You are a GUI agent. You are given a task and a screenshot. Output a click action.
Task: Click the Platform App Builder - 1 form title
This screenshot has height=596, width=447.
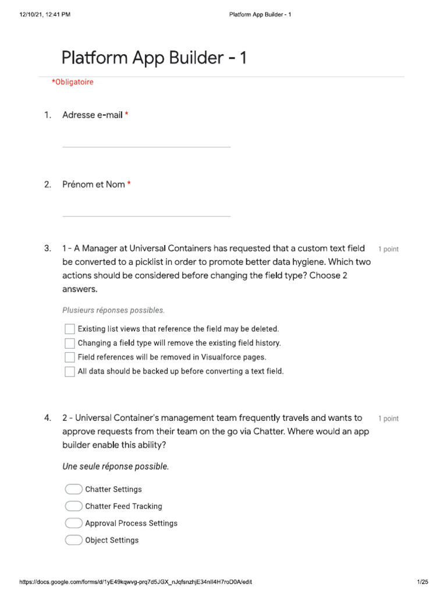coord(154,58)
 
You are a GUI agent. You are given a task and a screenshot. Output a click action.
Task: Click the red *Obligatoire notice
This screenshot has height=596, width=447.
coord(72,82)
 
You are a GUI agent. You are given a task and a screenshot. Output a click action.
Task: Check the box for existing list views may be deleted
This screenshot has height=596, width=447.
coord(70,329)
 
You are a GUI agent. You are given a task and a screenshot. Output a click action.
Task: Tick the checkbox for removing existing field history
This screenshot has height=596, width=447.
coord(70,343)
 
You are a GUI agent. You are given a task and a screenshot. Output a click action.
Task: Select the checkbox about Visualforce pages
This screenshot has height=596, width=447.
coord(70,357)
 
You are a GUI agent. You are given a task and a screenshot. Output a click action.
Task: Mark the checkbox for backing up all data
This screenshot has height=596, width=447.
coord(70,371)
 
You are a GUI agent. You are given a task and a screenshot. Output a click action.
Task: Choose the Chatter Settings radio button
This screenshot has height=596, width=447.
coord(74,489)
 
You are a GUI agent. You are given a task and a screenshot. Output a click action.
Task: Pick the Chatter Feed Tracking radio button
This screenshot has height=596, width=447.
coord(74,506)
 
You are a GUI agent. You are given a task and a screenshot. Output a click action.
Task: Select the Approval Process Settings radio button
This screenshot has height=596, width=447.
coord(74,523)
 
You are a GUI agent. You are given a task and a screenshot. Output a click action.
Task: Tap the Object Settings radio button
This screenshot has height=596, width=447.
coord(74,540)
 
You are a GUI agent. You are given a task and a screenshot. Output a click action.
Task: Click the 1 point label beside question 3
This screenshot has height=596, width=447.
coord(388,249)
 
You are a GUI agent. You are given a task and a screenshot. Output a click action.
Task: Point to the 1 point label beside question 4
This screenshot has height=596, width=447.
coord(388,418)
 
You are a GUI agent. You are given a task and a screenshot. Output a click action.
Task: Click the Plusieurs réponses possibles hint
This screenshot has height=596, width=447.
coord(113,310)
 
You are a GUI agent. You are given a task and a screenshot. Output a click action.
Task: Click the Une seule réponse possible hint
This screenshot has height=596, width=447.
coord(115,467)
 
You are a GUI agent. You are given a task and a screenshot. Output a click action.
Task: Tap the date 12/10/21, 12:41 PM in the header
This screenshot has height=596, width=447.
coord(45,15)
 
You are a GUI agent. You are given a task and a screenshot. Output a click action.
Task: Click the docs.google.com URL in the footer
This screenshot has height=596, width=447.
coord(136,582)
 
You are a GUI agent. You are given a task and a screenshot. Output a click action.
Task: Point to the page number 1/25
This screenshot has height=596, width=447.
coord(423,582)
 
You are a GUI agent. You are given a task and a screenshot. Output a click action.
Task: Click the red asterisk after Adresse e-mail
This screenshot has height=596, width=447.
coord(126,115)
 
